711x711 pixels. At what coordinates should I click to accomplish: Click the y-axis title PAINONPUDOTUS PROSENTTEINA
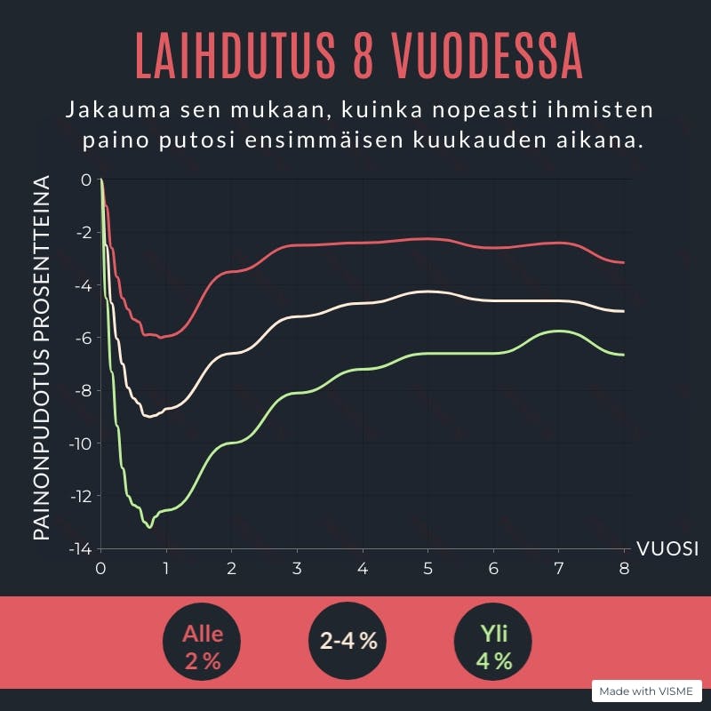pos(41,358)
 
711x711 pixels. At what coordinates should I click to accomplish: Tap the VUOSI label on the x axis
pos(667,548)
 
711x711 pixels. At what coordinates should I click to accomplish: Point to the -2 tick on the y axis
pos(84,233)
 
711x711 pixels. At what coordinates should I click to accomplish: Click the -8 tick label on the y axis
pos(84,390)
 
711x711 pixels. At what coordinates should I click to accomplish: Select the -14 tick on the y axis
pos(81,548)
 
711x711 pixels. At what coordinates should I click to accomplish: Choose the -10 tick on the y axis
pos(81,443)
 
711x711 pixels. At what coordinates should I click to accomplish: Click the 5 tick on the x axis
pos(427,569)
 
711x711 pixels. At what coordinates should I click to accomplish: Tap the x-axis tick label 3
pos(297,569)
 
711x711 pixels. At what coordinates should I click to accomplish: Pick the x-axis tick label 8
pos(624,569)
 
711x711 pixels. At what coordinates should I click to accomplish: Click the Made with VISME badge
pos(646,691)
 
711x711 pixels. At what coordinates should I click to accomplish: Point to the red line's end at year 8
pos(624,263)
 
